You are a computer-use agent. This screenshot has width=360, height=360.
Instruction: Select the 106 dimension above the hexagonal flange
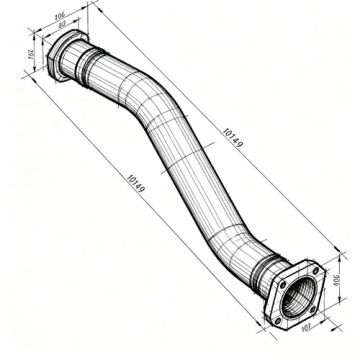(88, 15)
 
